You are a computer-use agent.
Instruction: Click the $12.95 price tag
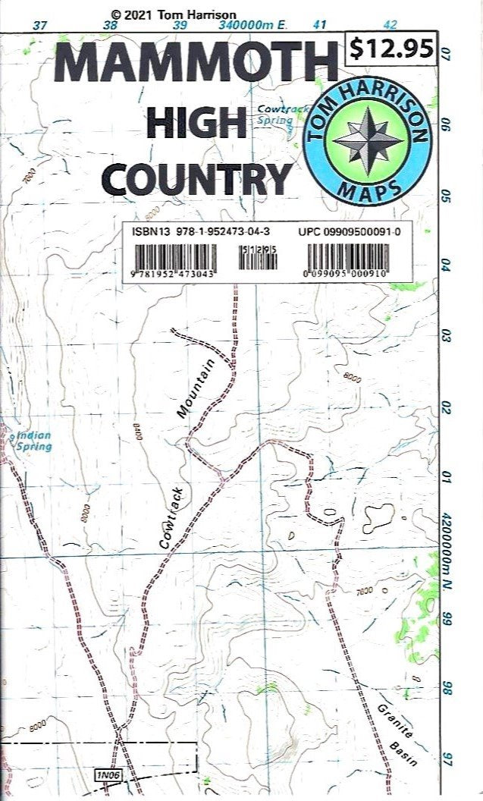391,49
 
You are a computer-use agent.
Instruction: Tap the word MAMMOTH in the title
196,65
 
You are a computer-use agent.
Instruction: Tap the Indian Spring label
34,441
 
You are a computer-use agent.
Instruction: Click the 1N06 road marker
107,774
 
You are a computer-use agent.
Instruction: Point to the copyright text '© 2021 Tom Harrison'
173,14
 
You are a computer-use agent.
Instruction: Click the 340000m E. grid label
252,25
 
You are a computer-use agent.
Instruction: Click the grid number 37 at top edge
40,25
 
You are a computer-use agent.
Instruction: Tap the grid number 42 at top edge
391,24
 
